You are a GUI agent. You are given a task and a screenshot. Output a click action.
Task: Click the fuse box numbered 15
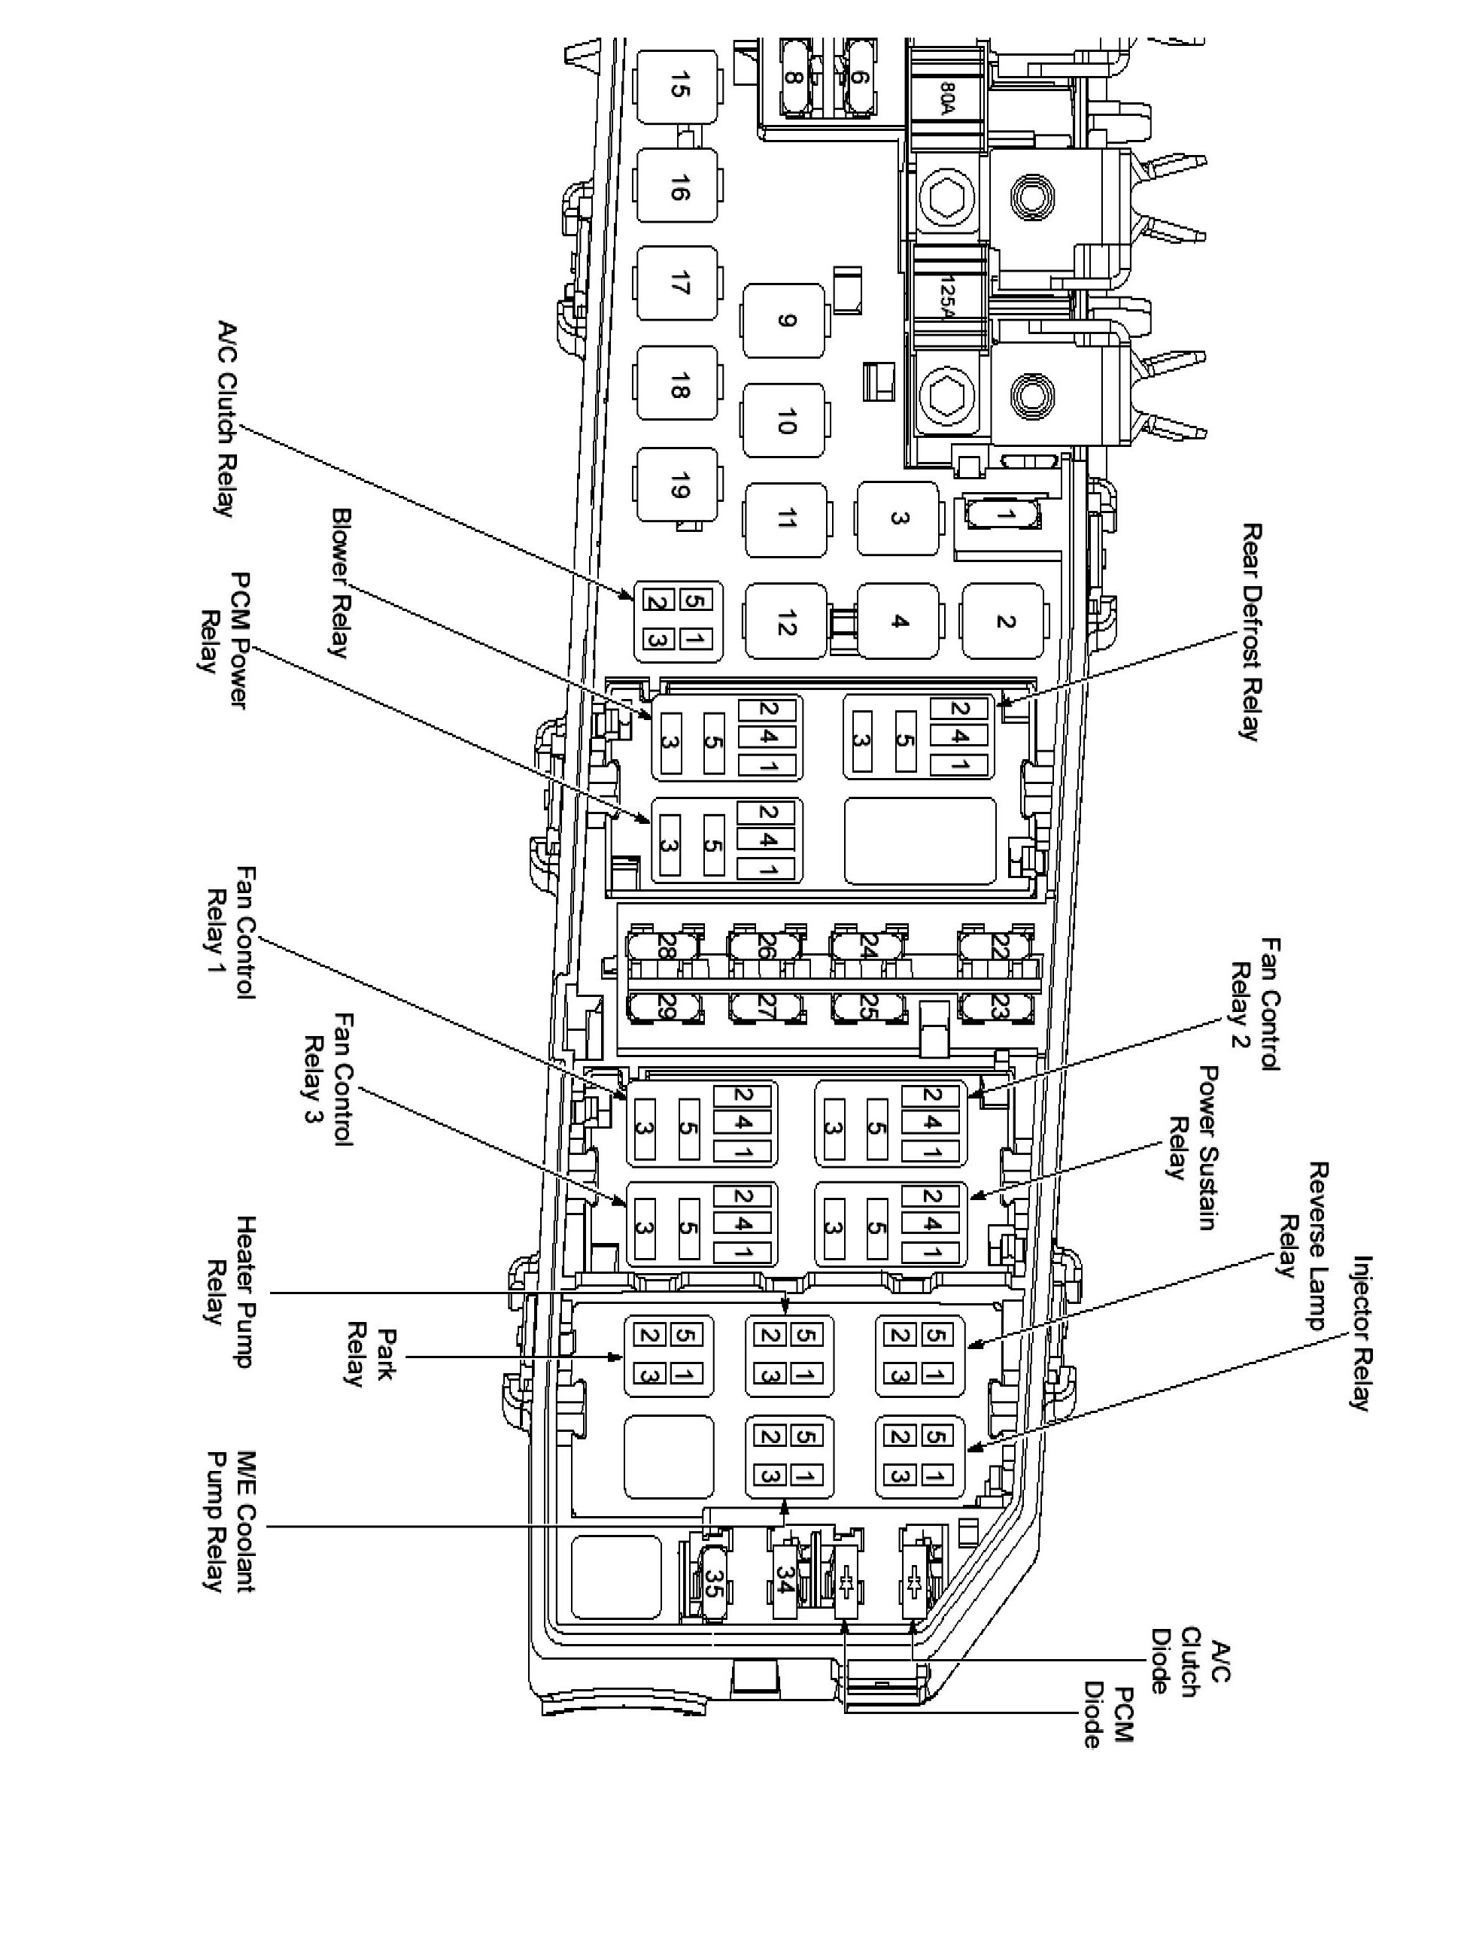(x=676, y=88)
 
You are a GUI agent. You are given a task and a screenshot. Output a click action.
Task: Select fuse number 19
(x=676, y=485)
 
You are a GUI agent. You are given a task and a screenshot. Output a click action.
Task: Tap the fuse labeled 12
(x=786, y=621)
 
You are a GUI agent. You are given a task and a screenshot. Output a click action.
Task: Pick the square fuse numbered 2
(x=1004, y=621)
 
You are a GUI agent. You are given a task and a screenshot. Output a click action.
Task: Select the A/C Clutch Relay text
(x=226, y=418)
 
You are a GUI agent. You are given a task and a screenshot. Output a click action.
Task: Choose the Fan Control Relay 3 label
(x=327, y=1078)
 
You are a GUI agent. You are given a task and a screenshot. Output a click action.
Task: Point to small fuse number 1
(x=1004, y=515)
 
